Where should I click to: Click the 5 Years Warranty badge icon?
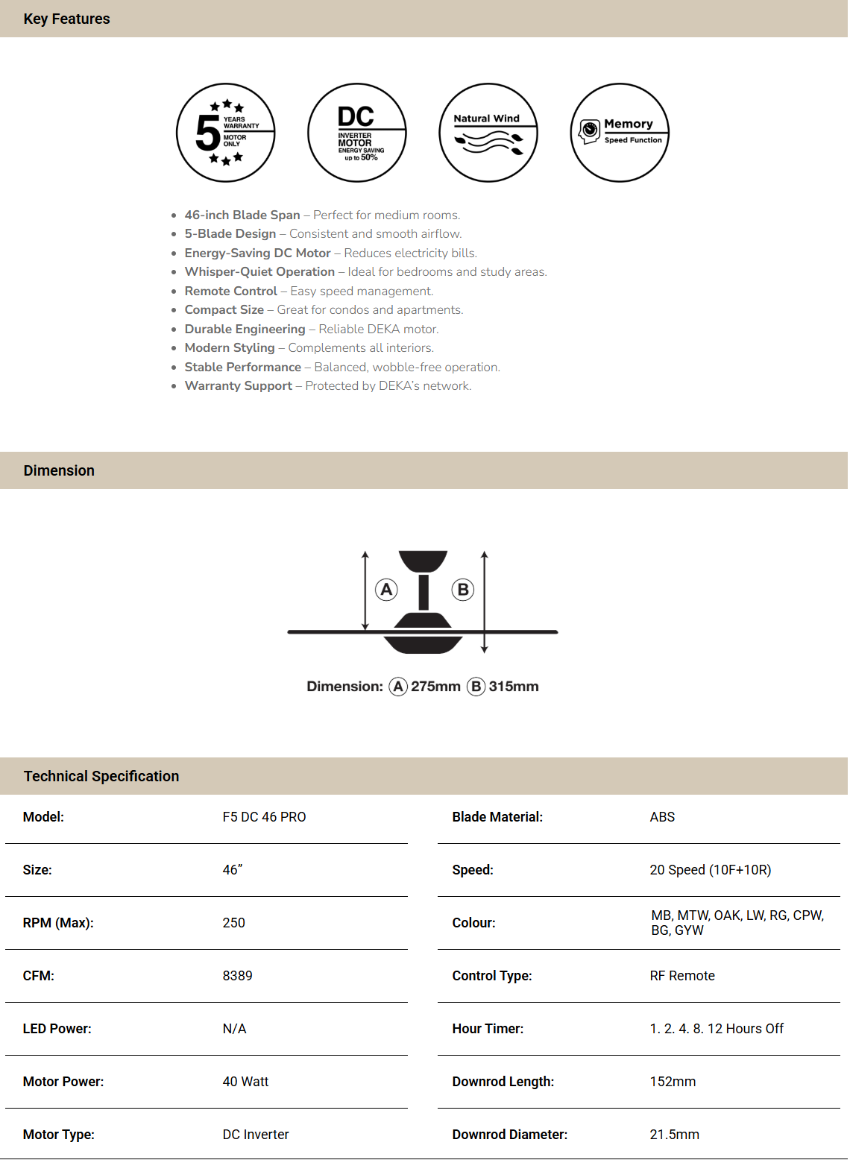coord(226,133)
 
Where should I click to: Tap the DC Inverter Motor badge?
coord(357,133)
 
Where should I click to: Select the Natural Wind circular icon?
coord(488,133)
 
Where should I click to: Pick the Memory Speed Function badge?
coord(620,133)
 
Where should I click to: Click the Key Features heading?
coord(66,19)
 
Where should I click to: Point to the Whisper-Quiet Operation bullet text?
coord(259,272)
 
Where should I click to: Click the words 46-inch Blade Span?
coord(242,215)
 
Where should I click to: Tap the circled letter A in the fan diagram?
coord(386,590)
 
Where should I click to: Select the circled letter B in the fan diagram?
coord(463,590)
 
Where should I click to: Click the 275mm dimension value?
coord(435,687)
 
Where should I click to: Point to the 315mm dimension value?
coord(514,687)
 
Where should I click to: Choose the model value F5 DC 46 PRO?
coord(264,817)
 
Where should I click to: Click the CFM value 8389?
coord(237,976)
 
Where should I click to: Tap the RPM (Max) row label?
coord(58,923)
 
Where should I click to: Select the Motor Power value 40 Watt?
coord(245,1082)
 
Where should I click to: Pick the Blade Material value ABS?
coord(662,817)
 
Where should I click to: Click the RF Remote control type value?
coord(682,976)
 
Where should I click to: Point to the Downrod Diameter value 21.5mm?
coord(674,1135)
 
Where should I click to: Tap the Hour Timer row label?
coord(488,1029)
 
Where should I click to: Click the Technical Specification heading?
coord(101,776)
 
